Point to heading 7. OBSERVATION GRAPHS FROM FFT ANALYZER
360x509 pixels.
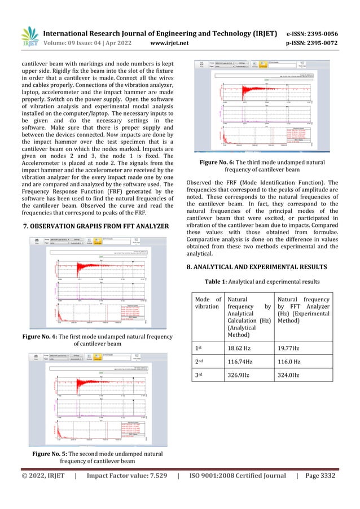click(94, 226)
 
